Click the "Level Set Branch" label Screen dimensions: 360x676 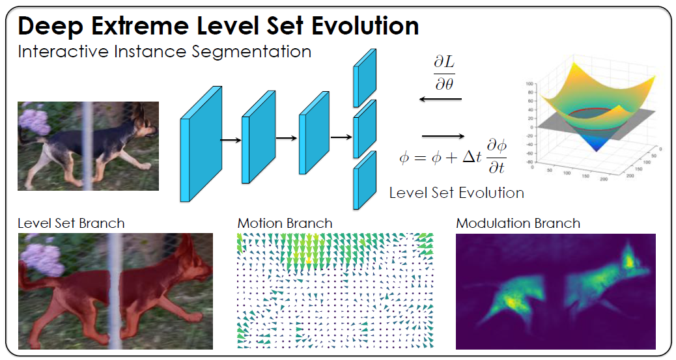click(71, 223)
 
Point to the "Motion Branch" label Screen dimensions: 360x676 click(285, 223)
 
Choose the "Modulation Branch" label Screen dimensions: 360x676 click(518, 223)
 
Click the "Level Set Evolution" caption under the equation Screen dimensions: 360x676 click(456, 193)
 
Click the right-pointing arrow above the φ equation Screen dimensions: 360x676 click(444, 136)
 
